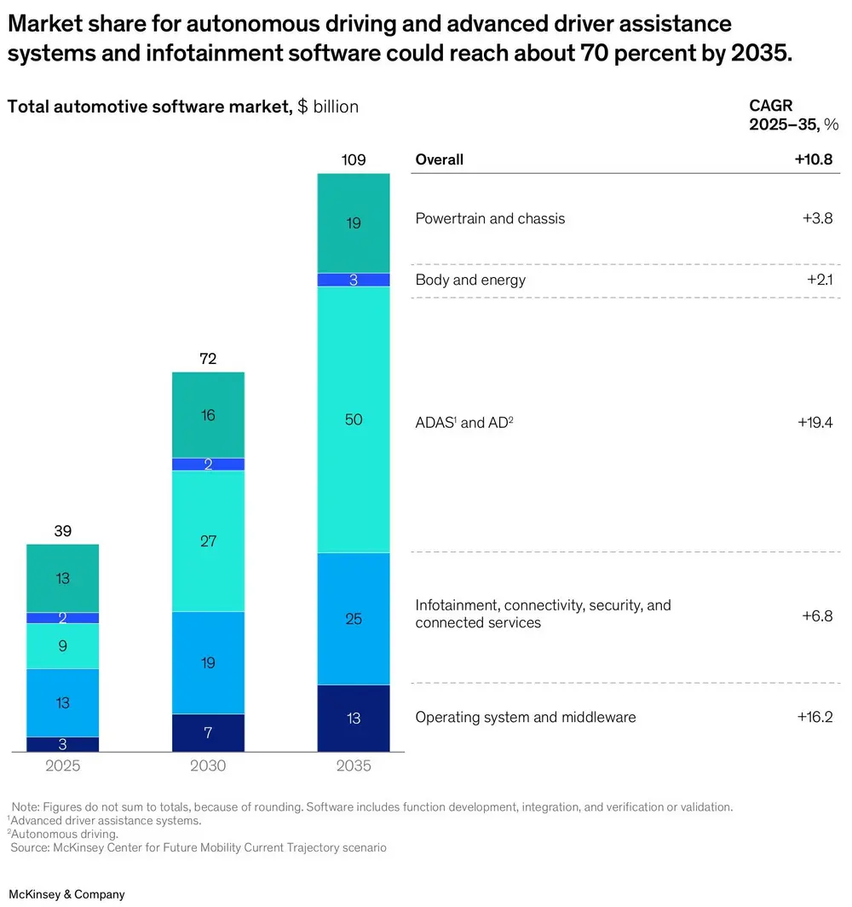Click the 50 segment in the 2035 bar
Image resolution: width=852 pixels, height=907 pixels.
[x=354, y=419]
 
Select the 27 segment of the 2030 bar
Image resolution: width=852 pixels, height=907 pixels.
[x=208, y=540]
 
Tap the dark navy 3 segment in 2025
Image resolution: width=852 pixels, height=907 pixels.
[x=63, y=744]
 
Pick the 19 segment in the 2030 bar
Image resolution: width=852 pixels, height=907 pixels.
[x=208, y=662]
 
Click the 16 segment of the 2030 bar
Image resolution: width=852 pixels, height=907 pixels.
[x=208, y=415]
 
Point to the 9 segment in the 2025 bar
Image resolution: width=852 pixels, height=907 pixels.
[x=63, y=646]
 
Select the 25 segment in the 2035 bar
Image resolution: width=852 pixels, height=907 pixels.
[x=354, y=619]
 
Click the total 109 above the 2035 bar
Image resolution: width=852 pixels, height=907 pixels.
[x=354, y=160]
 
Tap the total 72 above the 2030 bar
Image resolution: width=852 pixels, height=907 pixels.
[x=208, y=359]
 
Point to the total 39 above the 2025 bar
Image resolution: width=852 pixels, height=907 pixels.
[x=63, y=531]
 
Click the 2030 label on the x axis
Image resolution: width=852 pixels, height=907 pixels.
[x=208, y=766]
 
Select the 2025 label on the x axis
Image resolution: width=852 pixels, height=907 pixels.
[x=63, y=766]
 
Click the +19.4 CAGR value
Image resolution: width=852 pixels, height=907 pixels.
[x=815, y=422]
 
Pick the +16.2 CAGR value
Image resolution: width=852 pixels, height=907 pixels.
[x=815, y=717]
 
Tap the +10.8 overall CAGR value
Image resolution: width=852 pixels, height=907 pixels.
[x=815, y=159]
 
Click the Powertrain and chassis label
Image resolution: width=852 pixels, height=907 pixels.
[x=490, y=218]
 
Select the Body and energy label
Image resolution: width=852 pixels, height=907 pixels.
[x=470, y=280]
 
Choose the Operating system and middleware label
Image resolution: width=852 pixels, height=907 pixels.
[x=526, y=717]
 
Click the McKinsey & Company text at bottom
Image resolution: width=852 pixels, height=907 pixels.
[x=66, y=894]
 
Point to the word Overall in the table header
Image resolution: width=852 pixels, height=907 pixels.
[x=440, y=159]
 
